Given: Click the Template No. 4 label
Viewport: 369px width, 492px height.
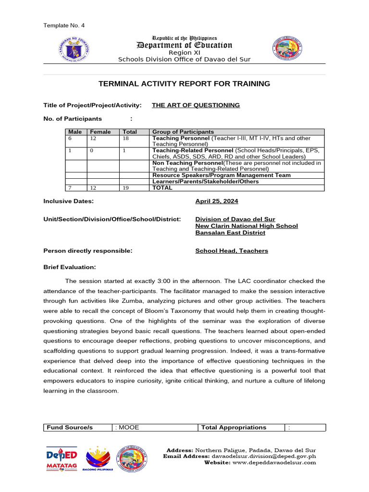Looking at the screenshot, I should coord(64,25).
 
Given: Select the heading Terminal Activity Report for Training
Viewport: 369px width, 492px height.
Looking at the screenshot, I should coord(184,84).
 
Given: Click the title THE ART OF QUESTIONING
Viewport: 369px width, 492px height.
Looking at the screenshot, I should coord(196,105).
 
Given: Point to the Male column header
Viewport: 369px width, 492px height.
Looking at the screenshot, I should coord(75,132).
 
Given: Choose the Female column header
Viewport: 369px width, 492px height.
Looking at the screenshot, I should coord(100,132).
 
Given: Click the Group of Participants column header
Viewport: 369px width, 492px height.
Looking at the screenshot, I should coord(183,132).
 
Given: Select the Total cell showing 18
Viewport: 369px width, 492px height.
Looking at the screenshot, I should coord(126,138).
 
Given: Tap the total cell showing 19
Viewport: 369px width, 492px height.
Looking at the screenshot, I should coord(126,188).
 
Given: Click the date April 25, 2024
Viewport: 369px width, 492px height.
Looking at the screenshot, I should coord(216,201).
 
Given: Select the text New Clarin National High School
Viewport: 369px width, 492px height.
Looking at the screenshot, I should coord(246,226).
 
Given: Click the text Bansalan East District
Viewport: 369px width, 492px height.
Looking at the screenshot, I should coord(230,233).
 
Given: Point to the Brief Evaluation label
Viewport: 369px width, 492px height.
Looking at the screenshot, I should coord(70,267).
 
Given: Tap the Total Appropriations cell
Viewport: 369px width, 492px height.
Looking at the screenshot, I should coord(234,427).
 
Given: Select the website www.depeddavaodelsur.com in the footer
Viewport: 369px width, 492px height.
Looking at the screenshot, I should coord(274,462).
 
